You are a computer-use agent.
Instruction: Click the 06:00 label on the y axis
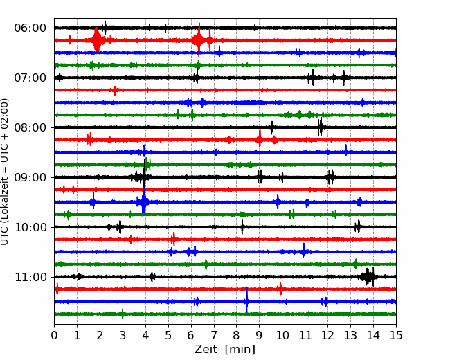(x=30, y=28)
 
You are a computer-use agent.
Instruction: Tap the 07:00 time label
(x=30, y=78)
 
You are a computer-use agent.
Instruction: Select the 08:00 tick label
(x=30, y=127)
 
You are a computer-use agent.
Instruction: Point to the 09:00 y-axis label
(x=30, y=177)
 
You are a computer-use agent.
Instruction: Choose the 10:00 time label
(x=30, y=227)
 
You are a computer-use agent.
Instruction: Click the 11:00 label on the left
(x=30, y=277)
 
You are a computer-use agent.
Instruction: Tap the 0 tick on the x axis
(x=54, y=335)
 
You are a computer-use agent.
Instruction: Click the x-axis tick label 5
(x=168, y=335)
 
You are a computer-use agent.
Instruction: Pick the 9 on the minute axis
(x=259, y=335)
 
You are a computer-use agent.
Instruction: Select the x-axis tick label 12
(x=327, y=335)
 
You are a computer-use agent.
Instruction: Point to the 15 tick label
(x=396, y=335)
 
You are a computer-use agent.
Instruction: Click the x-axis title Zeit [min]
(x=225, y=349)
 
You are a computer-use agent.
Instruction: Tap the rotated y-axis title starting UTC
(x=5, y=172)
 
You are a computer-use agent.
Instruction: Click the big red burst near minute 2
(x=97, y=40)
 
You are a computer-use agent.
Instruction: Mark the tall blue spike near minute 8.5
(x=246, y=300)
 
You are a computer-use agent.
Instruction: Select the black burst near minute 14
(x=368, y=276)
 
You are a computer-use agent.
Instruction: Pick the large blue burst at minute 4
(x=144, y=201)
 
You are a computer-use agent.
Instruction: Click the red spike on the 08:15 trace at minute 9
(x=260, y=139)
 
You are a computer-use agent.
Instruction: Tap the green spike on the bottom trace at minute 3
(x=123, y=314)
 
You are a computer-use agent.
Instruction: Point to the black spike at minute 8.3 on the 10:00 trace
(x=242, y=227)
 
